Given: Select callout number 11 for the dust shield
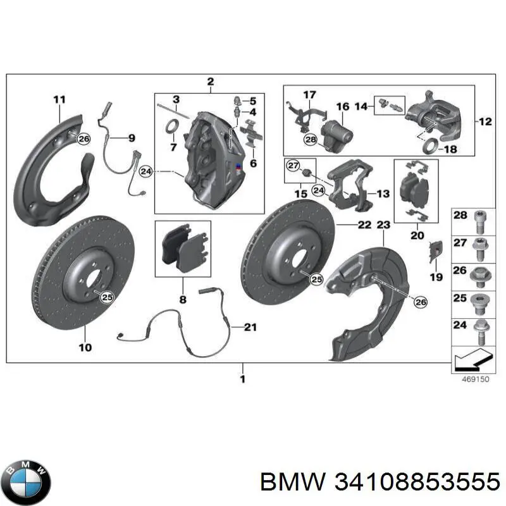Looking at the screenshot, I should click(59, 99).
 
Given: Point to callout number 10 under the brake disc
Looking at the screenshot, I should click(85, 347).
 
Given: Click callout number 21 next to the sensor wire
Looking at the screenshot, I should click(251, 326).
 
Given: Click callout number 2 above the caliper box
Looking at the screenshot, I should click(210, 81).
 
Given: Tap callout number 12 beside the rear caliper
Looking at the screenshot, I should click(485, 122).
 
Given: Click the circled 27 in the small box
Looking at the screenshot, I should click(292, 166).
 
